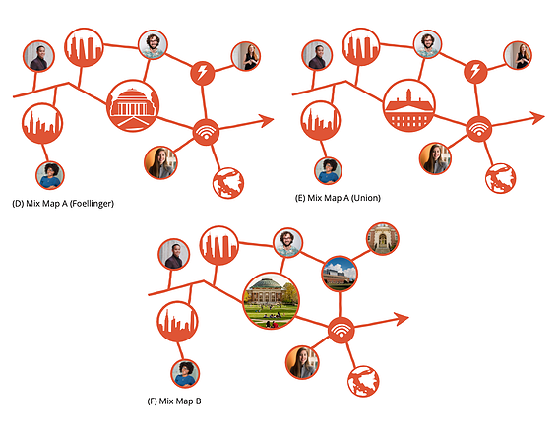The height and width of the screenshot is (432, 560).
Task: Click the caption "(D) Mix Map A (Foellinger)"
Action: point(63,204)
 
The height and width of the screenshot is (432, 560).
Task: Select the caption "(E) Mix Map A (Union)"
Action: point(338,198)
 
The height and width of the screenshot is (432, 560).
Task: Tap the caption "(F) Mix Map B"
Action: point(174,401)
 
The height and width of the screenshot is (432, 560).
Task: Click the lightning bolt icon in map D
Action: point(202,73)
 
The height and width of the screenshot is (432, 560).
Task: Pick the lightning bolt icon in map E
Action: point(475,72)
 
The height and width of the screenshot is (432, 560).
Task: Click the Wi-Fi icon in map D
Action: point(206,132)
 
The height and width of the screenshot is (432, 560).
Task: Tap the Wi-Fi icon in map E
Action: point(479,129)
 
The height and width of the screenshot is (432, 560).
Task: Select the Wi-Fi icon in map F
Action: point(342,331)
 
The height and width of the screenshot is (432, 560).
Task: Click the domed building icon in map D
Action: point(133,105)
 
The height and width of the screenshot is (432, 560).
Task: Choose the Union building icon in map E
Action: point(409,105)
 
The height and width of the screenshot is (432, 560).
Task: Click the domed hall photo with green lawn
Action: point(271,300)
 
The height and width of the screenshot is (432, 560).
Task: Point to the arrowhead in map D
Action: point(266,121)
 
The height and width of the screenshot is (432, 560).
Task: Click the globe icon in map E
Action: point(500,178)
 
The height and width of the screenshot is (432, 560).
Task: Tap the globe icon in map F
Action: point(363,381)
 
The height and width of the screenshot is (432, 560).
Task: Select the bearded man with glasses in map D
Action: point(153,44)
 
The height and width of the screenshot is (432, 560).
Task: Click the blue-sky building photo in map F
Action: point(340,274)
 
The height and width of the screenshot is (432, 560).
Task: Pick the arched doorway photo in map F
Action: point(383,238)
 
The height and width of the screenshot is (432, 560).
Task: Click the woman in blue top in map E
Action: point(328,171)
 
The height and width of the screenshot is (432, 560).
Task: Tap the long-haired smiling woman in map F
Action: point(302,363)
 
